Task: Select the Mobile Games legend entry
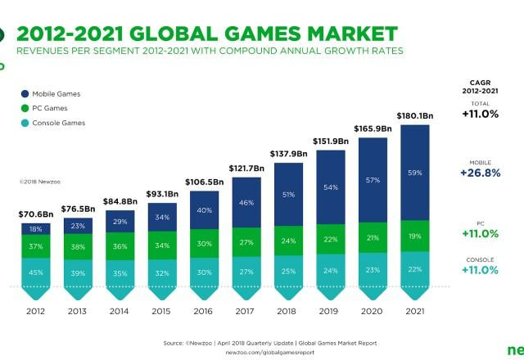pos(56,94)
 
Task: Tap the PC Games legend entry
pos(50,108)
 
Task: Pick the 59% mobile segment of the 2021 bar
pos(414,173)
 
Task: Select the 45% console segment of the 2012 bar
pos(34,272)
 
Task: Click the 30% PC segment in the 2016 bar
pos(204,243)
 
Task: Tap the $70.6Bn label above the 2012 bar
pos(34,214)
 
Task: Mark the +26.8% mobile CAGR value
pos(480,173)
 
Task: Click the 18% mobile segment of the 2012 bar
pos(34,229)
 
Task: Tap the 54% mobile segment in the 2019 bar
pos(330,187)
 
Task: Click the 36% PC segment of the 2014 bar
pos(119,246)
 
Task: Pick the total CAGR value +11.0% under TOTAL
pos(480,114)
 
